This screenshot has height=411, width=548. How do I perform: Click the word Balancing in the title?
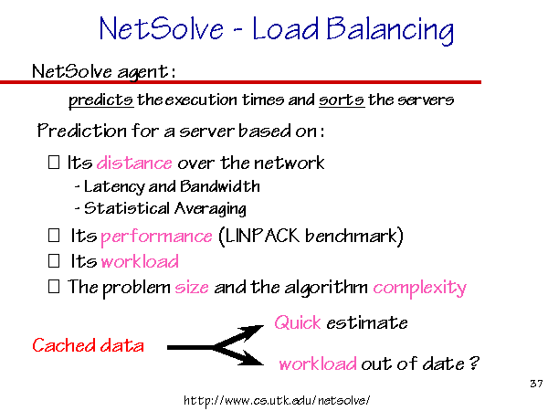pyautogui.click(x=390, y=30)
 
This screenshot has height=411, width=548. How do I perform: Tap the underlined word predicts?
pyautogui.click(x=101, y=100)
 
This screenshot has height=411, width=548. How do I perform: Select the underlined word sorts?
pyautogui.click(x=342, y=100)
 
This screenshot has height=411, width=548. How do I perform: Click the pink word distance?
pyautogui.click(x=134, y=163)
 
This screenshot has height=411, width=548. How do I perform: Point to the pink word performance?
pyautogui.click(x=156, y=237)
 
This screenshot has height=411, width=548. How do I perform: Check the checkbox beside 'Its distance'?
pyautogui.click(x=54, y=163)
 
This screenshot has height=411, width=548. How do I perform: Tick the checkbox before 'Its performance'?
pyautogui.click(x=54, y=236)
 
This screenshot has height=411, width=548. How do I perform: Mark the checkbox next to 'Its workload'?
pyautogui.click(x=54, y=261)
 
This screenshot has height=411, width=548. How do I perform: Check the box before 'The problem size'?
pyautogui.click(x=54, y=287)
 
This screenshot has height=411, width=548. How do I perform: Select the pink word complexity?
pyautogui.click(x=420, y=289)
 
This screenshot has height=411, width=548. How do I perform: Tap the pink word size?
pyautogui.click(x=192, y=288)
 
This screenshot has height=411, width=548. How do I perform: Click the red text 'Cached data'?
pyautogui.click(x=88, y=345)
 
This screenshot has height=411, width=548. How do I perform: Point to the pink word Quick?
pyautogui.click(x=298, y=322)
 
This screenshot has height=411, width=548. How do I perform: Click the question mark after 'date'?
pyautogui.click(x=474, y=364)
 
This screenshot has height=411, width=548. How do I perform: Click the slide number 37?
pyautogui.click(x=536, y=384)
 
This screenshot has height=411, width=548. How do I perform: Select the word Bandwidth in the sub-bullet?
pyautogui.click(x=220, y=186)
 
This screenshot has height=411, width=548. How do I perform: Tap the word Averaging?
pyautogui.click(x=210, y=209)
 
